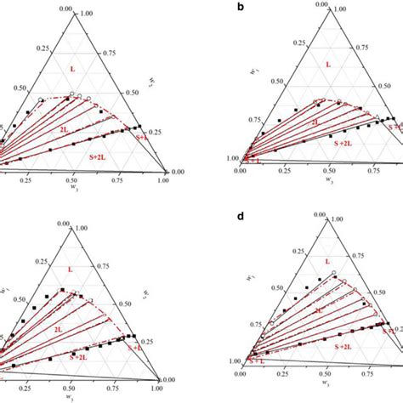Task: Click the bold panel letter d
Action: [219, 217]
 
